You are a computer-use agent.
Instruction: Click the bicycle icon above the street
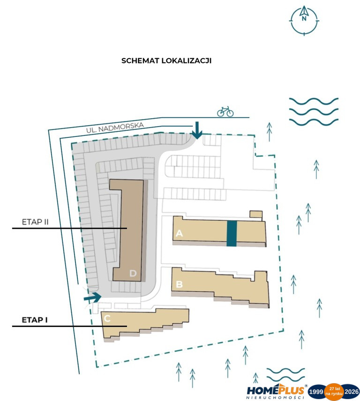point(225,112)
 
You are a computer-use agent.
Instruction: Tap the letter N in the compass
point(304,19)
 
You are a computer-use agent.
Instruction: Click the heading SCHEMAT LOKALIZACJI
point(166,61)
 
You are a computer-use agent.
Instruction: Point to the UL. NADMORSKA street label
point(115,128)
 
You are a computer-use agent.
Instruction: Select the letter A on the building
point(179,233)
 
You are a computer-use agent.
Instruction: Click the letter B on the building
point(180,284)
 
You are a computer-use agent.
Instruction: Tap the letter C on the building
point(107,318)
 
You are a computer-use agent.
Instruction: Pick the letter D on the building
point(133,273)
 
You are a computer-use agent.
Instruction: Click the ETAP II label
point(35,222)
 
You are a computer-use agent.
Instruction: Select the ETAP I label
point(35,320)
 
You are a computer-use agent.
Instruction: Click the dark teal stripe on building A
point(232,233)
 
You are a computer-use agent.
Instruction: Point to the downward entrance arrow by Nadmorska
point(197,130)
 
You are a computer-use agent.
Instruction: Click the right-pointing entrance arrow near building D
point(92,297)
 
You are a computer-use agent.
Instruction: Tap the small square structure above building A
point(256,214)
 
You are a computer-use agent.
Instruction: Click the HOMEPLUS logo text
point(276,391)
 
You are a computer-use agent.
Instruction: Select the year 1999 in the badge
point(316,392)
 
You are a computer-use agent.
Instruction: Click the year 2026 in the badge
point(352,392)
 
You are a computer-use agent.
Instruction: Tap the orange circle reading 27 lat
point(334,392)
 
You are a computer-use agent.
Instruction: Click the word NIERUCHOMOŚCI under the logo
point(275,398)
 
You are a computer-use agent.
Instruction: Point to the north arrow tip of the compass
point(304,6)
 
